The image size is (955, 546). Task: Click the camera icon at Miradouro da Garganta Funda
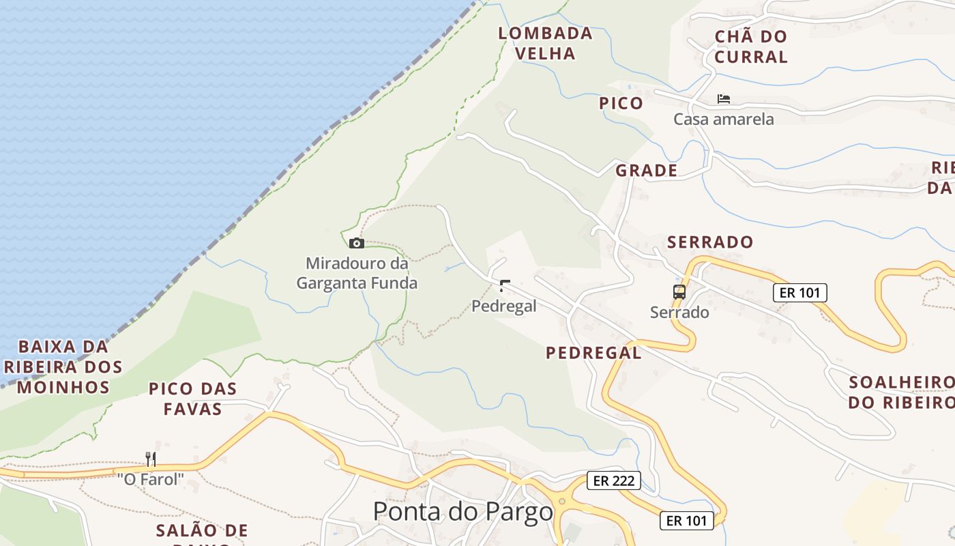[x=356, y=243]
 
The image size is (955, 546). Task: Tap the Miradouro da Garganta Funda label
[x=356, y=272]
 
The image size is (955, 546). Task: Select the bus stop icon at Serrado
[x=679, y=292]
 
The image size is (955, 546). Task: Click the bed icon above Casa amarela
[x=724, y=99]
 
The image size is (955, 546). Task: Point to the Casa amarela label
[x=724, y=119]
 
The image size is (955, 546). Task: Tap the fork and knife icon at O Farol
[x=151, y=459]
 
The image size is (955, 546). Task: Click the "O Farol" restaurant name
[x=151, y=479]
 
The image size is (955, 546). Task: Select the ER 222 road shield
[x=614, y=480]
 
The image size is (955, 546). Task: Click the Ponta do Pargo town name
[x=463, y=511]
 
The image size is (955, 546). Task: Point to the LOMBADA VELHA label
[x=545, y=43]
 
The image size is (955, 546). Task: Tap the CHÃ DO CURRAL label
[x=751, y=46]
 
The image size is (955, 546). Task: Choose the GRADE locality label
[x=647, y=171]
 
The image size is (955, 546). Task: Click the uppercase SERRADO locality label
[x=710, y=242]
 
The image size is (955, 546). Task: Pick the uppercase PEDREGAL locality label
[x=593, y=353]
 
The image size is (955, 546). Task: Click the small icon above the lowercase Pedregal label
[x=505, y=285]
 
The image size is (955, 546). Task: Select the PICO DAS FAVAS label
[x=193, y=399]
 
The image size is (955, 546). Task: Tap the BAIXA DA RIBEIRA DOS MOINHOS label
[x=63, y=367]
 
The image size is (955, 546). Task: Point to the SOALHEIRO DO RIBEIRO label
[x=900, y=392]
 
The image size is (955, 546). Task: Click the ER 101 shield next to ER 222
[x=687, y=521]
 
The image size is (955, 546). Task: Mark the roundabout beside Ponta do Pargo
[x=562, y=502]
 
